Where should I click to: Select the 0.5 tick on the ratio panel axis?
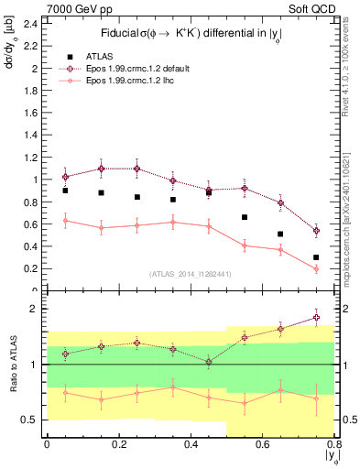coord(27,420)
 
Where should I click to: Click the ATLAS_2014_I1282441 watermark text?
coord(190,273)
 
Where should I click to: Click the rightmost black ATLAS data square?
coord(316,257)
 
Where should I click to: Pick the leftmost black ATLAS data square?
coord(65,191)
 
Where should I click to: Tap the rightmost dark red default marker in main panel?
coord(316,231)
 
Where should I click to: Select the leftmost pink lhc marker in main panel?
coord(65,221)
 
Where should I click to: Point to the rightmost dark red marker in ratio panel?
coord(316,318)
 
